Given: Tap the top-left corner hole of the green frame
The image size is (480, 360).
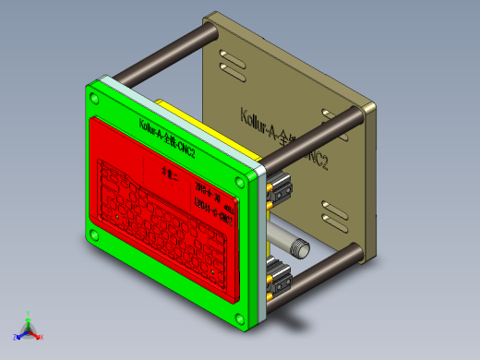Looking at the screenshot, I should [93, 96].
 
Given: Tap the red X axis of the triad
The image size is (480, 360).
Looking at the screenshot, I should [38, 337].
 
